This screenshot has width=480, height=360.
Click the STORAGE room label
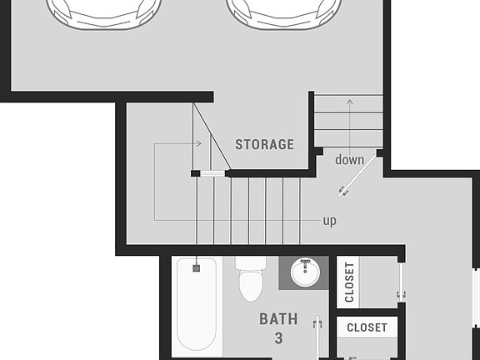[264, 144]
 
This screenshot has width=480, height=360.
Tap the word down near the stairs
[349, 159]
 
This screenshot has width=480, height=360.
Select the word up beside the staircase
[330, 221]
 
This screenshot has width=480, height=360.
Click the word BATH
[277, 318]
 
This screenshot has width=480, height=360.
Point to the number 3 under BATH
[277, 338]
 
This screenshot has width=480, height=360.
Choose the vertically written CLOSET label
[349, 282]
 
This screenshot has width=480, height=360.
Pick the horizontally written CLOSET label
[367, 327]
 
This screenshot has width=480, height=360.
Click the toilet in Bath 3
[251, 283]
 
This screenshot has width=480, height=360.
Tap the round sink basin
[306, 272]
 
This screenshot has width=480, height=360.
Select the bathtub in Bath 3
[197, 305]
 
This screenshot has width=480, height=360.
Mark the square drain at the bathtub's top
[197, 268]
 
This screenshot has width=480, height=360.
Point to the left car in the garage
[102, 10]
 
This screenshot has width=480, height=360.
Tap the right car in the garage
[284, 10]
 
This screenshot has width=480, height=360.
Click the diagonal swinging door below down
[357, 178]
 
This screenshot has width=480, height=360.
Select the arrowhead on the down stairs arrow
[349, 102]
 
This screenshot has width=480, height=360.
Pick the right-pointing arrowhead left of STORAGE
[199, 143]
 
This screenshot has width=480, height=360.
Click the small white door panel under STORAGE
[212, 173]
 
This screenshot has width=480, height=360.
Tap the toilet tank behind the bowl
[249, 262]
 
